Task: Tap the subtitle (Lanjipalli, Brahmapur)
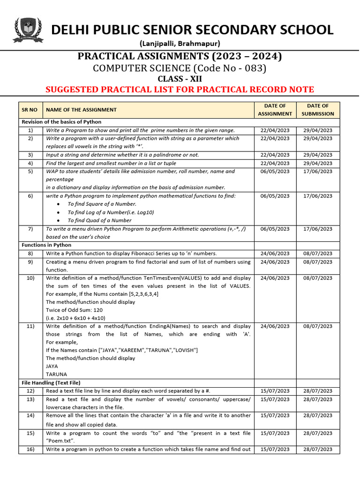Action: click(x=180, y=44)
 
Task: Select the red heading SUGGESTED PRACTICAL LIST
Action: click(x=180, y=90)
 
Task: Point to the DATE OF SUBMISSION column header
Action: click(x=318, y=110)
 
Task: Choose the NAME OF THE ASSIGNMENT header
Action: click(x=81, y=110)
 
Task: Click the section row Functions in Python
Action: click(x=46, y=245)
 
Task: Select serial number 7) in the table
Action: click(x=30, y=229)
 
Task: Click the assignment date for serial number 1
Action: click(x=275, y=130)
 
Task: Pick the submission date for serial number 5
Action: click(x=318, y=172)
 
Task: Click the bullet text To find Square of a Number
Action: click(x=102, y=204)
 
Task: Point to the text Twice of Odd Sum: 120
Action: click(x=74, y=310)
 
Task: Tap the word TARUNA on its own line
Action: click(x=56, y=375)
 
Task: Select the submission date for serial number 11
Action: click(x=318, y=326)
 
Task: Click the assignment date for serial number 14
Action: click(x=275, y=415)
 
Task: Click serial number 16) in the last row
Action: click(x=30, y=449)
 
